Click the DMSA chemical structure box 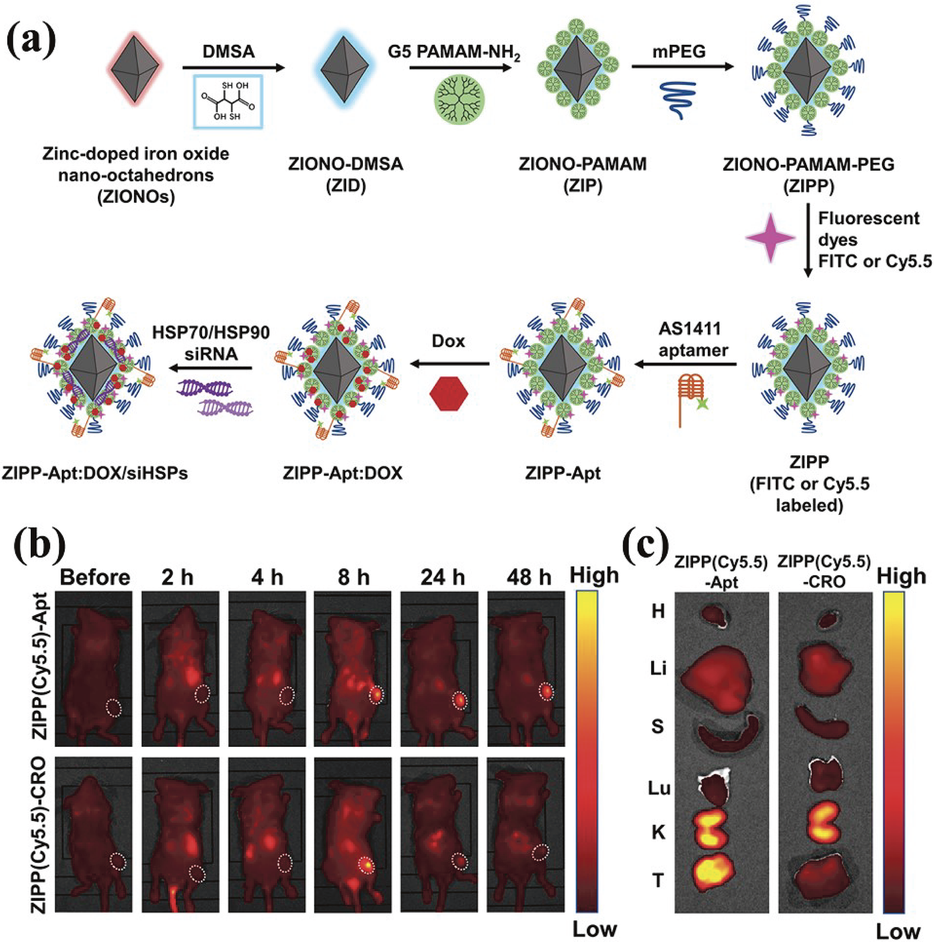point(228,102)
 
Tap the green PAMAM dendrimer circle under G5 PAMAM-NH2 point(459,99)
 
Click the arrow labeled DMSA point(234,68)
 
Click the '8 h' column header point(354,577)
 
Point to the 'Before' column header point(95,577)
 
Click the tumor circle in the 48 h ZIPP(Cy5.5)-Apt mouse point(546,691)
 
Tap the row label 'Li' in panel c point(658,669)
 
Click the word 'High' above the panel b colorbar point(594,575)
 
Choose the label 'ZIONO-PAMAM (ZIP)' point(583,174)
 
